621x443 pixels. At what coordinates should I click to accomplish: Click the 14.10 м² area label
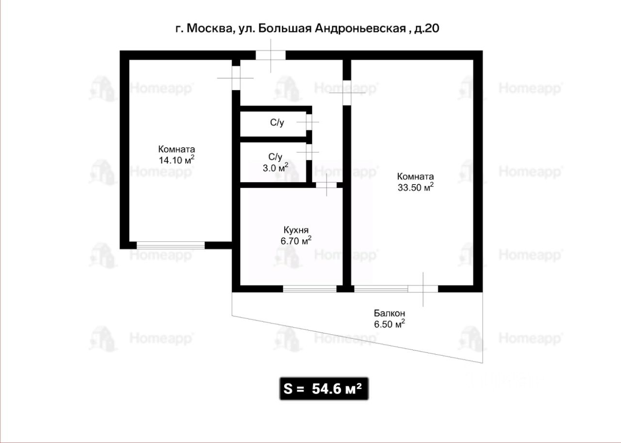pos(176,160)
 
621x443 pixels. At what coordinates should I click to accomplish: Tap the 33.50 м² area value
pos(416,187)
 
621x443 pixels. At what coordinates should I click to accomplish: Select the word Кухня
pos(296,230)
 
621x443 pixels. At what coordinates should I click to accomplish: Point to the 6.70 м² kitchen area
pos(296,240)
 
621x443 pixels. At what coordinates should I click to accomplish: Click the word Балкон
pos(390,313)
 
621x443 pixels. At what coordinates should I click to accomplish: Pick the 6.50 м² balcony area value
pos(390,324)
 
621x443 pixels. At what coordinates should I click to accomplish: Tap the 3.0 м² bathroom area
pos(275,168)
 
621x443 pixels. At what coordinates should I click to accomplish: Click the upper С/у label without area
pos(277,122)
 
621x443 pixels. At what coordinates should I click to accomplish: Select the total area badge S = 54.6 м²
pos(324,389)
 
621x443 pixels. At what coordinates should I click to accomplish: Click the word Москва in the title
pos(210,29)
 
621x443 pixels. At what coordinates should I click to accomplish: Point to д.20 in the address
pos(426,29)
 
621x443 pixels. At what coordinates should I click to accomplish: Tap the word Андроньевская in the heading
pos(360,29)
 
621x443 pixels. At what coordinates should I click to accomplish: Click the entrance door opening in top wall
pos(271,55)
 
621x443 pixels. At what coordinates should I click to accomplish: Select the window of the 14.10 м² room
pos(170,245)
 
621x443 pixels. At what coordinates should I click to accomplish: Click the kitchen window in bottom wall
pos(310,289)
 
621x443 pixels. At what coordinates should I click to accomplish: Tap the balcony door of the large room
pos(423,289)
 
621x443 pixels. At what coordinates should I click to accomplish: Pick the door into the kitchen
pos(327,185)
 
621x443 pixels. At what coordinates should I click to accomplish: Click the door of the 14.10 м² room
pos(236,78)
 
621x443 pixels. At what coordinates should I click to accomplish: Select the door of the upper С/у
pos(309,122)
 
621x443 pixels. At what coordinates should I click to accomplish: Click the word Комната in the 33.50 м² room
pos(416,176)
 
